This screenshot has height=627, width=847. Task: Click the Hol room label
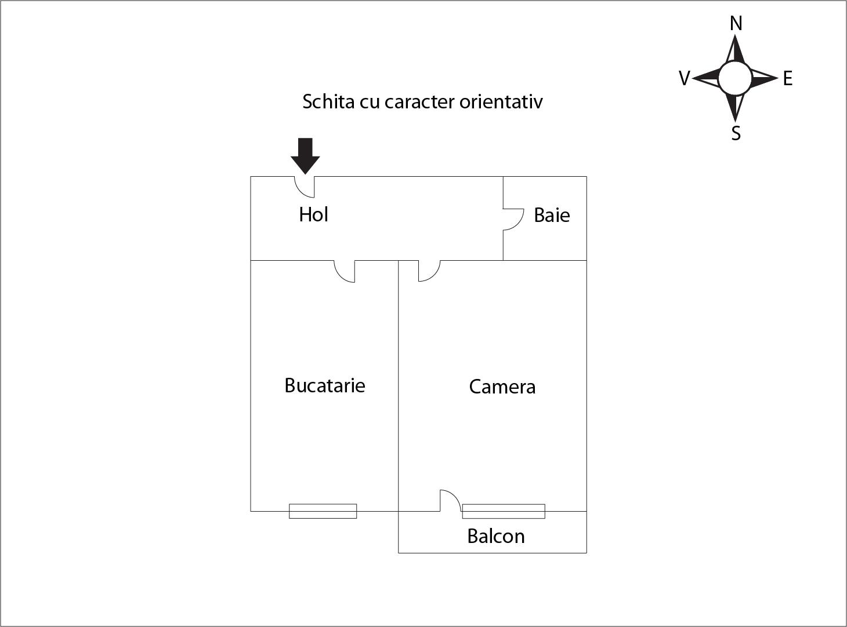[313, 214]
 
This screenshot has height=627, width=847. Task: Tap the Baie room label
[552, 215]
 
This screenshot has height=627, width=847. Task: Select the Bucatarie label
[325, 385]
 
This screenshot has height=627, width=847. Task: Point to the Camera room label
[502, 387]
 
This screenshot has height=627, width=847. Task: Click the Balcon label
[496, 536]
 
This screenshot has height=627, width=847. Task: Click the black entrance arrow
[305, 156]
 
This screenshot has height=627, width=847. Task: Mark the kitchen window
[323, 511]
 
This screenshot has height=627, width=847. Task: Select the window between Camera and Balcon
[504, 511]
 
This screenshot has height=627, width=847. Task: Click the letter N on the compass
[736, 24]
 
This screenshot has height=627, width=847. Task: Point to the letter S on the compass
[736, 133]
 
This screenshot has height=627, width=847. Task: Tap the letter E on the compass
[787, 79]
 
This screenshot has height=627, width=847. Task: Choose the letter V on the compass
[685, 78]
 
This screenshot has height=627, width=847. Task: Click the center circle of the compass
[735, 79]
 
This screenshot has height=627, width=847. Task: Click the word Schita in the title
[328, 101]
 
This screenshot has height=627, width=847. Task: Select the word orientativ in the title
[501, 101]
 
